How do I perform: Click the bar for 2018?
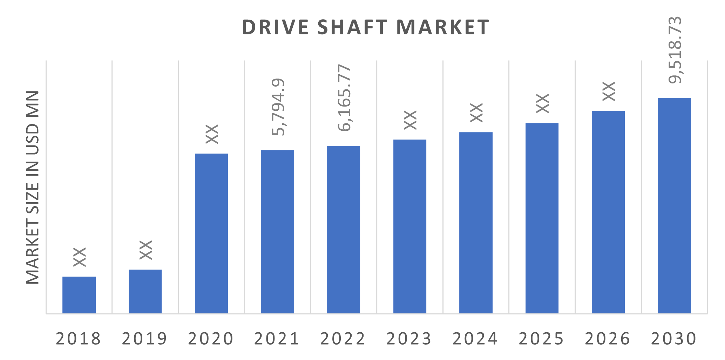tap(79, 295)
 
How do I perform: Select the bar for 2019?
tap(145, 291)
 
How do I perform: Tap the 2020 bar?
tap(211, 233)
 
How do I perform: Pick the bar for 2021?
tap(277, 231)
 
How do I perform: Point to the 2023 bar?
tap(410, 226)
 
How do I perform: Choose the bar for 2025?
tap(542, 218)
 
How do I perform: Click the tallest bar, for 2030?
tap(674, 205)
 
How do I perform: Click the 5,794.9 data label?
tap(279, 107)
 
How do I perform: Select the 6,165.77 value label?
tap(345, 98)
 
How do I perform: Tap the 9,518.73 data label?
tap(676, 50)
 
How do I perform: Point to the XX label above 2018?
tap(80, 257)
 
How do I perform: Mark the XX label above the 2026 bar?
tap(609, 91)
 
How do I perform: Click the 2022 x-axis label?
tap(343, 339)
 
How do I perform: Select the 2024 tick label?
tap(475, 339)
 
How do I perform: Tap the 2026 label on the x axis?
tap(607, 339)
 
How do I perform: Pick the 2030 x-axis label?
tap(673, 339)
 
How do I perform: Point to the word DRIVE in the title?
tap(275, 27)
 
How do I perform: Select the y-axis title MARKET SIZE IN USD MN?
tap(33, 188)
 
